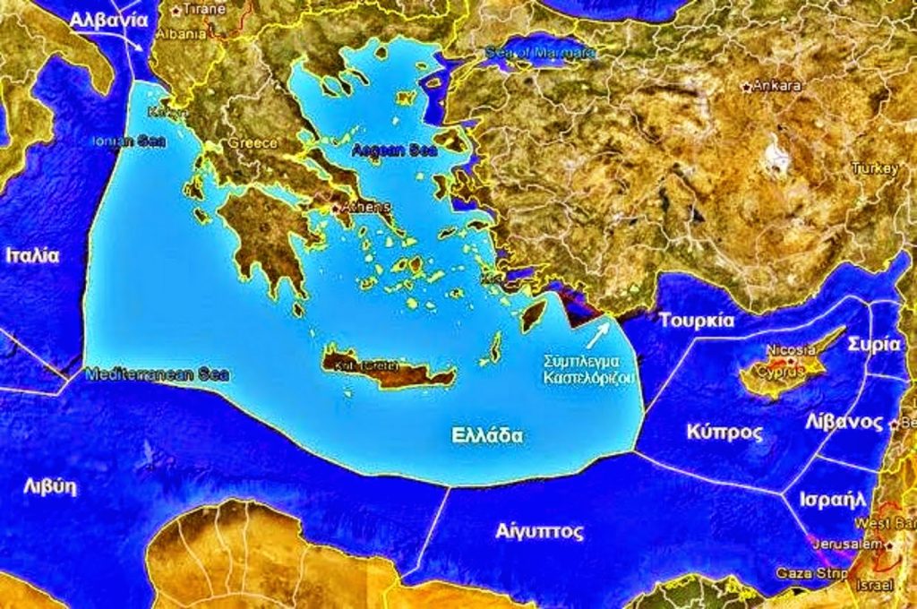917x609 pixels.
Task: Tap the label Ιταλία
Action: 32,255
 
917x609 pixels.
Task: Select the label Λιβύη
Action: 49,487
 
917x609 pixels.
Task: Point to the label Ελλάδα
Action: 487,435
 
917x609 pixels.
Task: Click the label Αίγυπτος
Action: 539,531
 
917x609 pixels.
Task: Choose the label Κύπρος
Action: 724,433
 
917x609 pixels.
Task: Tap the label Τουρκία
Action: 697,321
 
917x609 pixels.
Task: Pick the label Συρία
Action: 873,343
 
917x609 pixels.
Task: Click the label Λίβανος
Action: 844,421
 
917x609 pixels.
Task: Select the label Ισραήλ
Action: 832,498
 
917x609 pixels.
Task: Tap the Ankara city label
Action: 776,86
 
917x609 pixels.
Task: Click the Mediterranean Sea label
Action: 156,375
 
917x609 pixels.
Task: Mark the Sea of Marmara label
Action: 540,52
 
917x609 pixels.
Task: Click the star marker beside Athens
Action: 337,208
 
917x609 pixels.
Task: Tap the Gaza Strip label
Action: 800,572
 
